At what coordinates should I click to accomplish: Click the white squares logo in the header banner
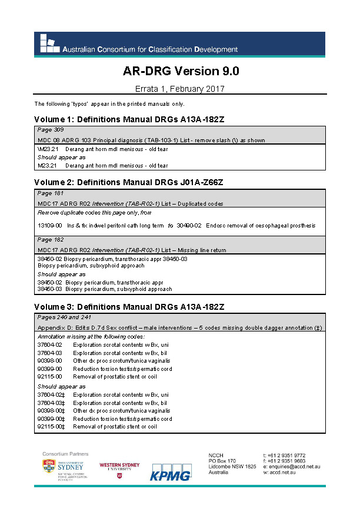(x=48, y=43)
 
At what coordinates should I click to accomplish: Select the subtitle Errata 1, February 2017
(x=181, y=89)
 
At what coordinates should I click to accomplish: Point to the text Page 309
(x=51, y=129)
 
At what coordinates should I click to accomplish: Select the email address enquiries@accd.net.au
(x=295, y=466)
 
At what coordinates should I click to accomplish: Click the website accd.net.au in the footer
(x=286, y=472)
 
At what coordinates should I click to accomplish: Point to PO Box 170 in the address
(x=222, y=461)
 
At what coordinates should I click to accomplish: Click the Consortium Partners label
(x=65, y=454)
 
